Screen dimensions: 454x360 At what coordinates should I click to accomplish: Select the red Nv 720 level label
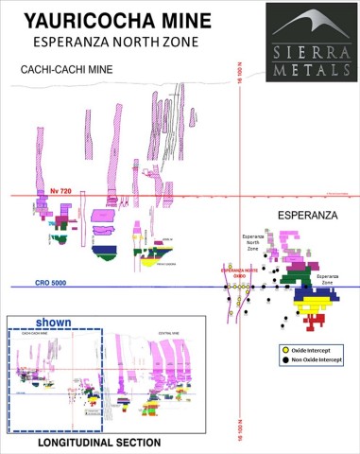[x=60, y=190]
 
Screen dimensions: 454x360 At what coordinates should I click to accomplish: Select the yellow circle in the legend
[x=286, y=350]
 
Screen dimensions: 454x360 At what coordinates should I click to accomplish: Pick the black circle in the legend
[x=286, y=360]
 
